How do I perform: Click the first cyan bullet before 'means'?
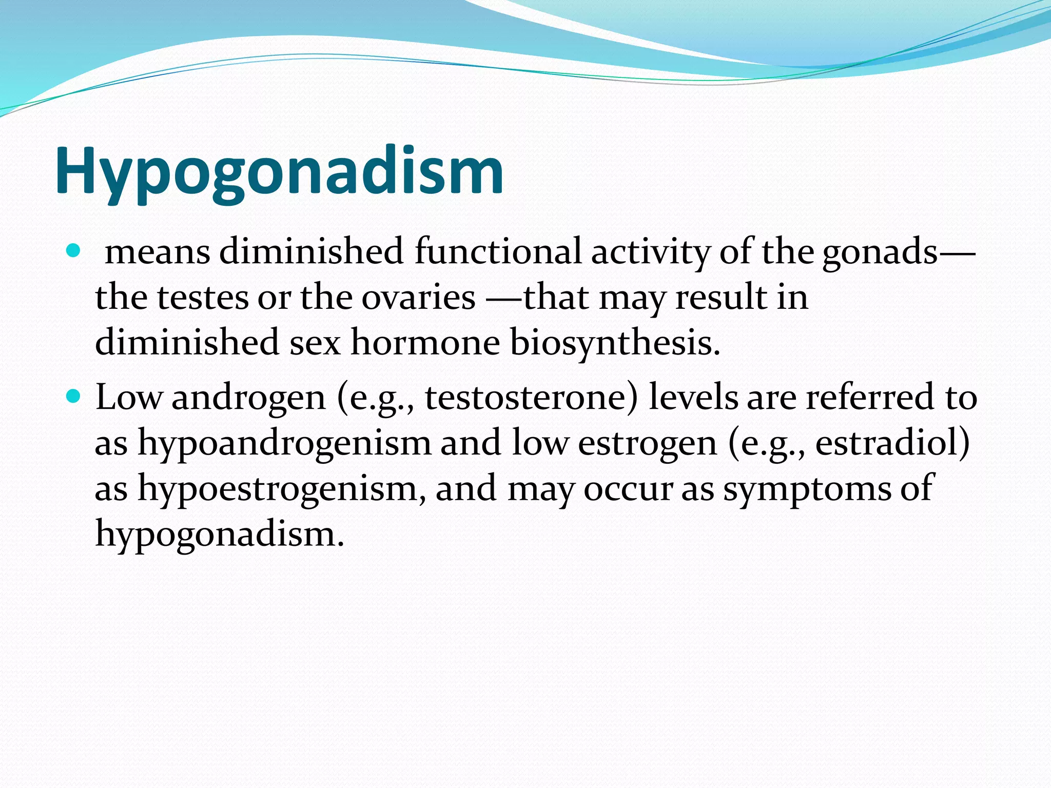click(x=74, y=251)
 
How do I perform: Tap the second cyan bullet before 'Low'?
click(x=74, y=397)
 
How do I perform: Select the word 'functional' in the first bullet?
click(x=497, y=251)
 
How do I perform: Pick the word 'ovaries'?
click(x=418, y=298)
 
